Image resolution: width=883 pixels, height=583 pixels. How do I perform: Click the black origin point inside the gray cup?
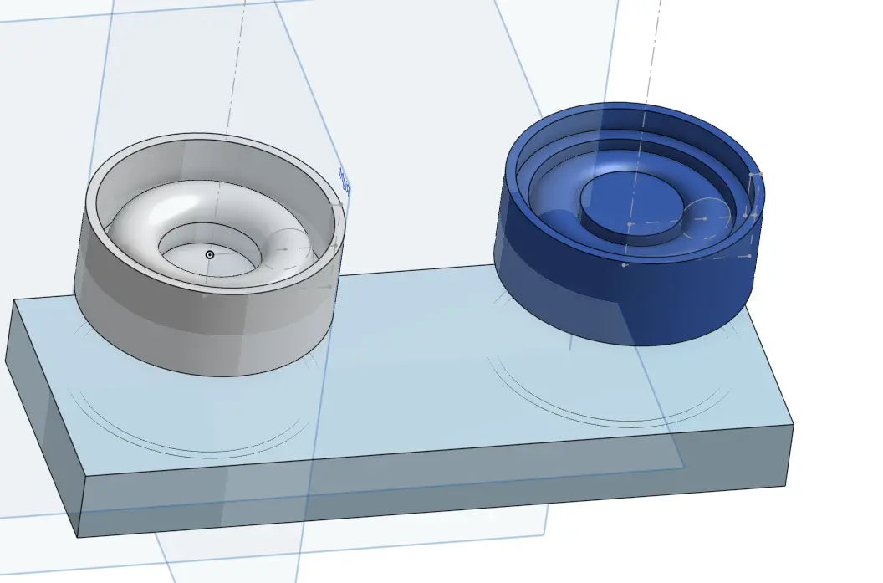click(x=210, y=254)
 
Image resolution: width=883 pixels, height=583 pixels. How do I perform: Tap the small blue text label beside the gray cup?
click(x=344, y=183)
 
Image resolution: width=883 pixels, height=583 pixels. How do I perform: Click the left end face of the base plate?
click(x=42, y=418)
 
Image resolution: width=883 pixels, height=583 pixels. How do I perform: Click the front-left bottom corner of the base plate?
click(x=78, y=536)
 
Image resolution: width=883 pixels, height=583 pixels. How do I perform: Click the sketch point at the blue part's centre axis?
click(x=630, y=224)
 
